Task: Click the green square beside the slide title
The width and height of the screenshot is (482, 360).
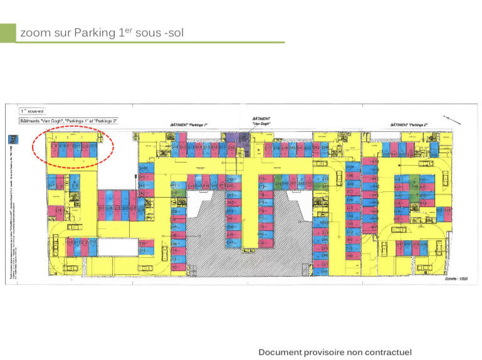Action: click(8, 33)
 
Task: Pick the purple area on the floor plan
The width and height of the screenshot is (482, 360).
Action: click(231, 139)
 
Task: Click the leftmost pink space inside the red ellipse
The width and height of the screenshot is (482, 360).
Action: click(55, 149)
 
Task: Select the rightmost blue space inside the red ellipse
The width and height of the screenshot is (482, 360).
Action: click(93, 149)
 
